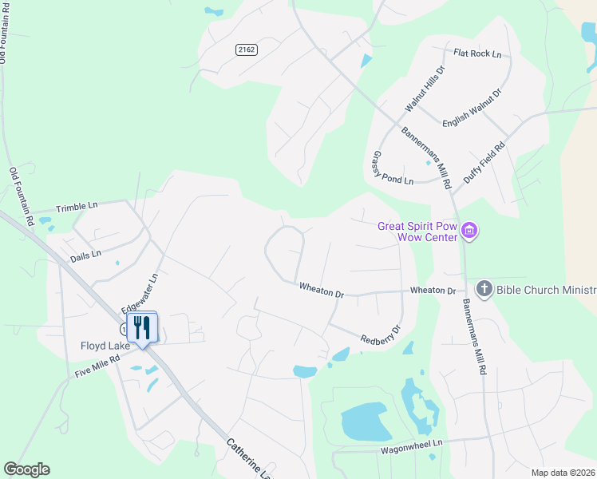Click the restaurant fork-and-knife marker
(142, 327)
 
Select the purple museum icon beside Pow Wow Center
(470, 232)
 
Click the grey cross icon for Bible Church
(483, 288)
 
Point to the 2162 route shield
(247, 49)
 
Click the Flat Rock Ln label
(477, 54)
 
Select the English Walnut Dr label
(472, 108)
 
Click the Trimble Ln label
(77, 207)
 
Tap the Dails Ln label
(85, 254)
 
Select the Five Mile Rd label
(97, 366)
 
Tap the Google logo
(26, 469)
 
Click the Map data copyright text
(563, 473)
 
